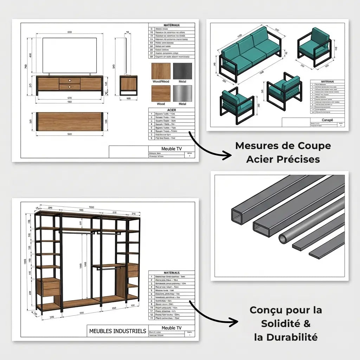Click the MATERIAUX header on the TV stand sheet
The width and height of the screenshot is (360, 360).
(172, 25)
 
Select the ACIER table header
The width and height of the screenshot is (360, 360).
(172, 110)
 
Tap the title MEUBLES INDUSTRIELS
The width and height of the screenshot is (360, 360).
(117, 331)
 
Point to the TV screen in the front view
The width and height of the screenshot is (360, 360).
(70, 56)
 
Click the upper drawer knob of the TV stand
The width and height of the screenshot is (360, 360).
(70, 81)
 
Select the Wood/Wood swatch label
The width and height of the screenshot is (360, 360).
(161, 82)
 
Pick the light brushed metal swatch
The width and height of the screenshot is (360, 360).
(182, 93)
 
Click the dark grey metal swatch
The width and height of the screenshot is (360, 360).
(182, 71)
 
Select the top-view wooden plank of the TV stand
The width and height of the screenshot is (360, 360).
(70, 122)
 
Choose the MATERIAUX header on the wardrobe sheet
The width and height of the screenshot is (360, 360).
(172, 272)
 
